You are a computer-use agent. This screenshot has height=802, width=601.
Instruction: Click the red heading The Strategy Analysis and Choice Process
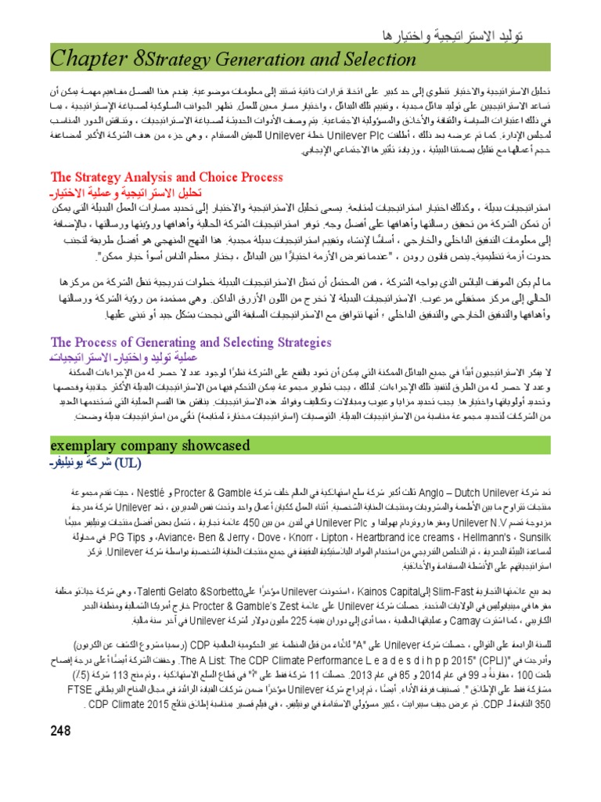coord(167,178)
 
